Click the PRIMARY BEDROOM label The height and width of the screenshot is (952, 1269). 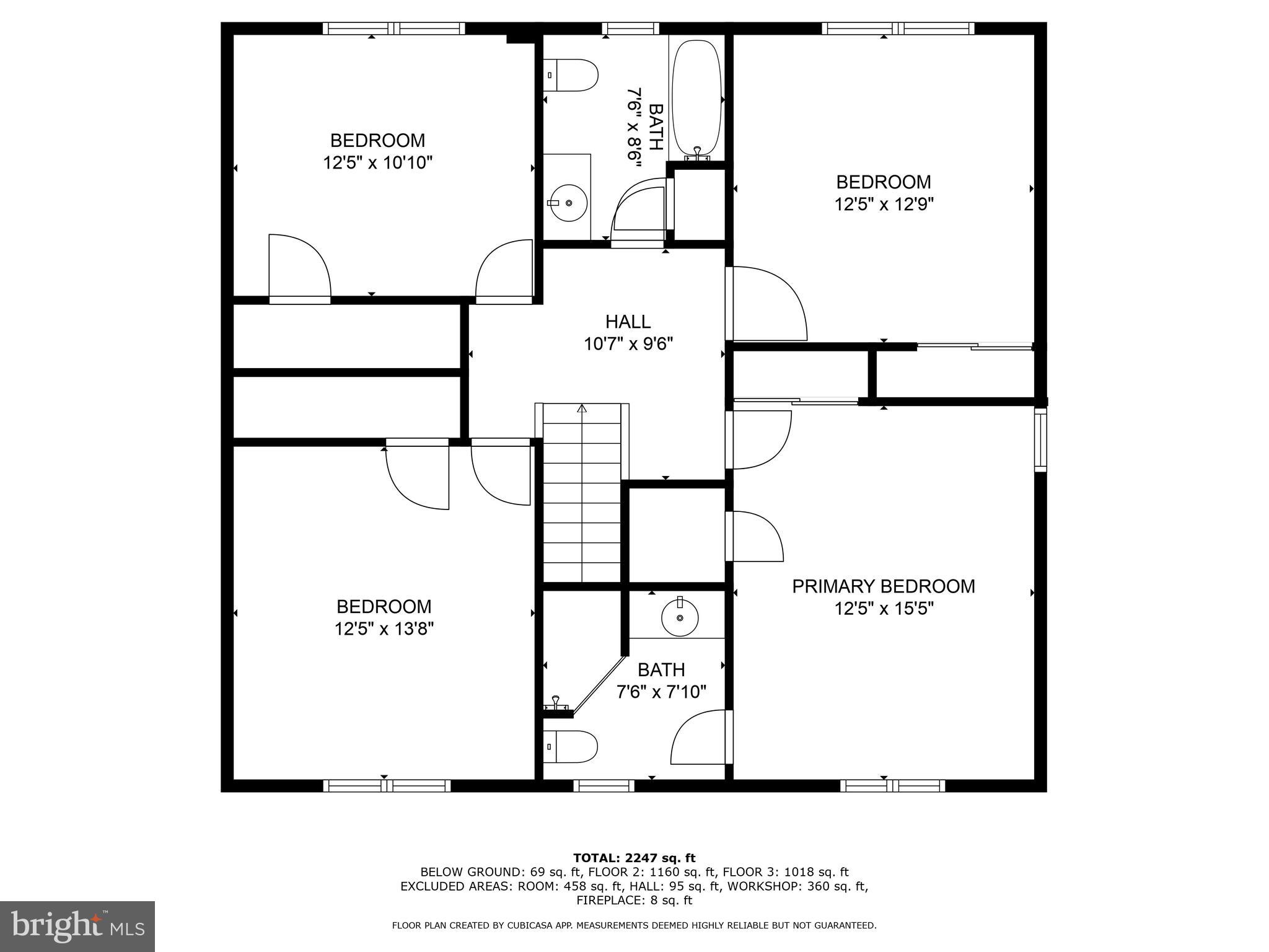tap(884, 586)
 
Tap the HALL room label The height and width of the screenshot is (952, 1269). tap(628, 322)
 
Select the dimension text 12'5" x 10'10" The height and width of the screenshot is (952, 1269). tap(377, 163)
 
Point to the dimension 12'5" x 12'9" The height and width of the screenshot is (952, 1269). tap(884, 205)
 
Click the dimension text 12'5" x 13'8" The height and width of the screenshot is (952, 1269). tap(384, 629)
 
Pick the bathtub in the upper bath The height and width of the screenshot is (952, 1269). tap(697, 100)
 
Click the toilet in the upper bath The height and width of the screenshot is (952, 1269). tap(571, 75)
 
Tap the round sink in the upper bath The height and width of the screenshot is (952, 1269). tap(568, 203)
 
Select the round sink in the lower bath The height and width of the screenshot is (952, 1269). tap(680, 617)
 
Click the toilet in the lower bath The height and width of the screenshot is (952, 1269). tap(571, 747)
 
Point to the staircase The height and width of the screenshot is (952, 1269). tap(582, 493)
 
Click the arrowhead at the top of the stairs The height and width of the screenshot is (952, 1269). tap(582, 408)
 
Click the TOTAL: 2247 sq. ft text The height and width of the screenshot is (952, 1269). tap(634, 858)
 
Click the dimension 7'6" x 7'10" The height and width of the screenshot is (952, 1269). tap(662, 692)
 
